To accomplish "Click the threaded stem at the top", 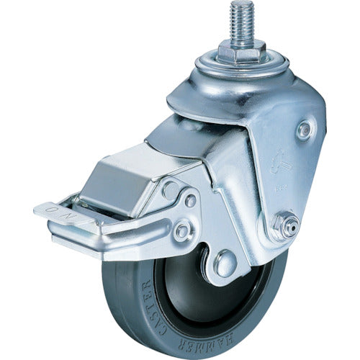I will (238, 21).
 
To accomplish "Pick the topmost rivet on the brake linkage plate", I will (171, 189).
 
